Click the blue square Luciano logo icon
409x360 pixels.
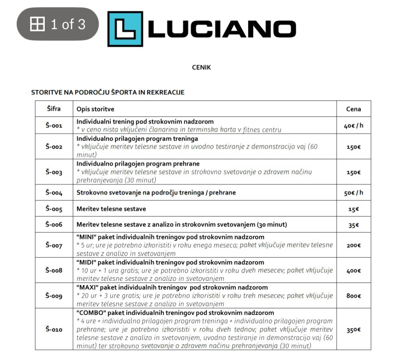click(125, 29)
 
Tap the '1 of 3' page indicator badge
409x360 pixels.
click(58, 24)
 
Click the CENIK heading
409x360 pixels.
click(201, 67)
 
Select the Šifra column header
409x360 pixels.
click(54, 109)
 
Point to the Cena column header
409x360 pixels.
click(353, 109)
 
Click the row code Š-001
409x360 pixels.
click(54, 125)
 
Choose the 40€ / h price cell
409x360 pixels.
click(353, 125)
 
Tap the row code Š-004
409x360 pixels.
click(54, 193)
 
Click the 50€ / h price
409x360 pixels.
click(353, 193)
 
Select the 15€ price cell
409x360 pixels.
click(353, 209)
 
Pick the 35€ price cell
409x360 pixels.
click(353, 225)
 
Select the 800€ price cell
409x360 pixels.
click(353, 296)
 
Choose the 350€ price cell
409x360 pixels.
click(353, 330)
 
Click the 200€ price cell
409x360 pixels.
click(353, 245)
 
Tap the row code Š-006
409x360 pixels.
click(54, 225)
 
